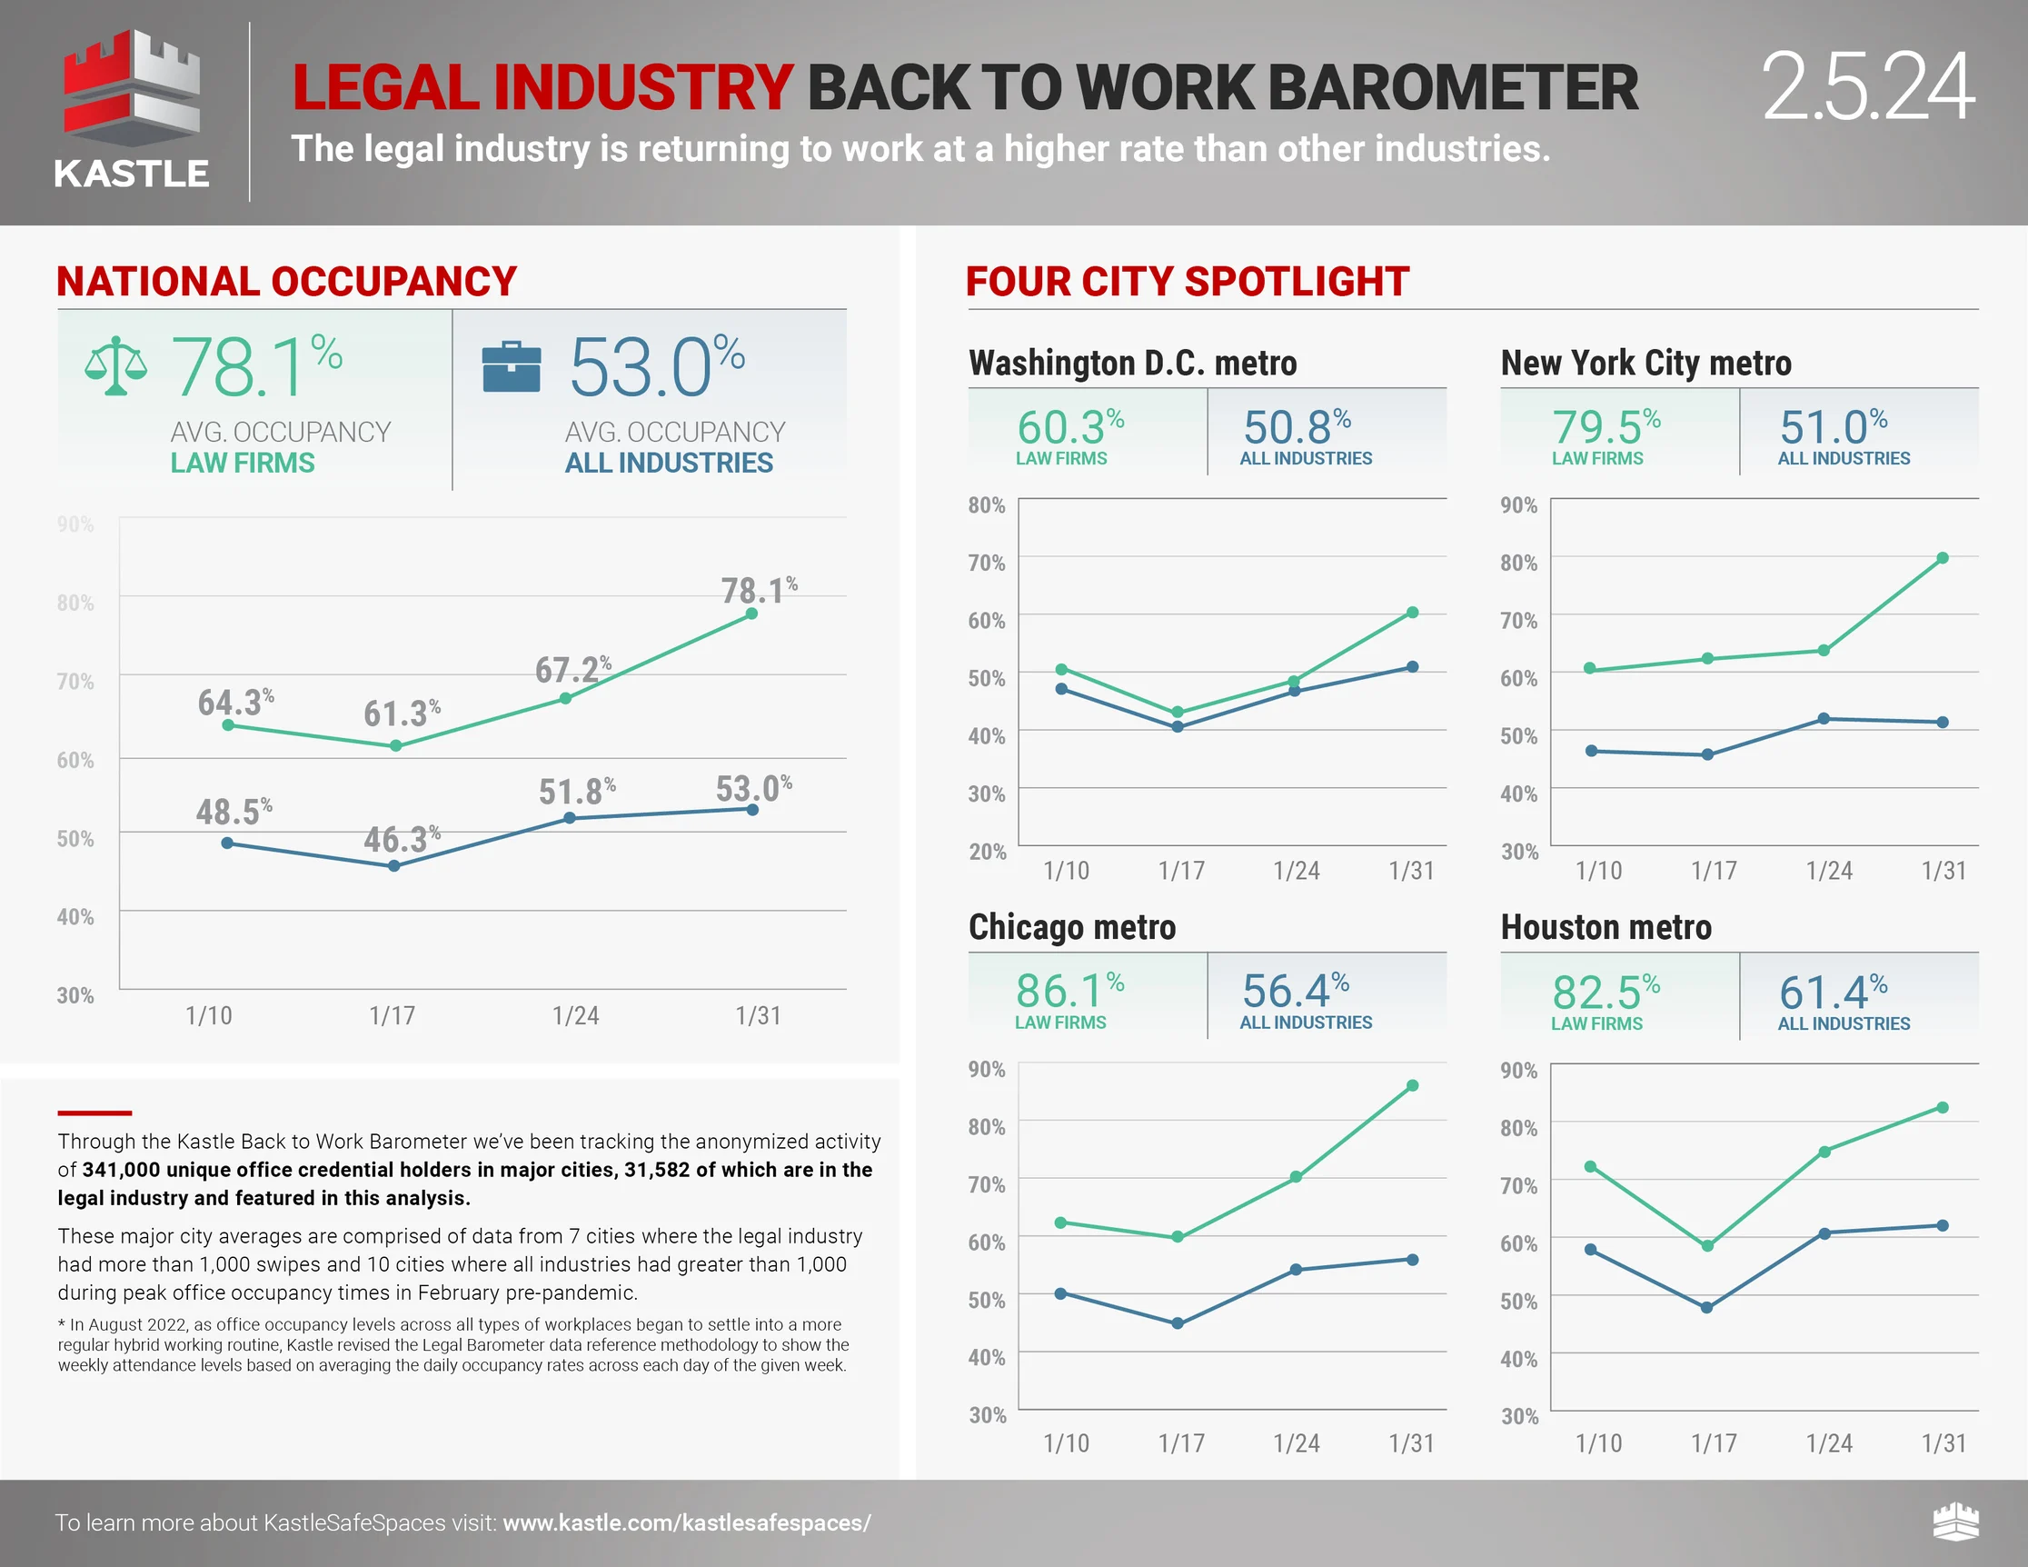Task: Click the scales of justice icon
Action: (x=115, y=366)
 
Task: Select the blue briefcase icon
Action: (x=511, y=367)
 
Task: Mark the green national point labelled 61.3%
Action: (x=395, y=746)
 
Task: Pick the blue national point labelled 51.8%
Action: (x=569, y=818)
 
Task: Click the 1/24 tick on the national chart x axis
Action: (x=576, y=1015)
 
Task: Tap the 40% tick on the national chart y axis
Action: (x=75, y=917)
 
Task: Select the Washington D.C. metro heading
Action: (x=1132, y=364)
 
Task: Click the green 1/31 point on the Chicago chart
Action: (x=1412, y=1086)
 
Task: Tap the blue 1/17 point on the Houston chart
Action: (x=1706, y=1307)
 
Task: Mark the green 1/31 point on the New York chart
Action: (x=1943, y=558)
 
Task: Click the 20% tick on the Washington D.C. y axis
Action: (x=987, y=852)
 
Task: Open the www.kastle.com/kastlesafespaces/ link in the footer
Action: (x=686, y=1523)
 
